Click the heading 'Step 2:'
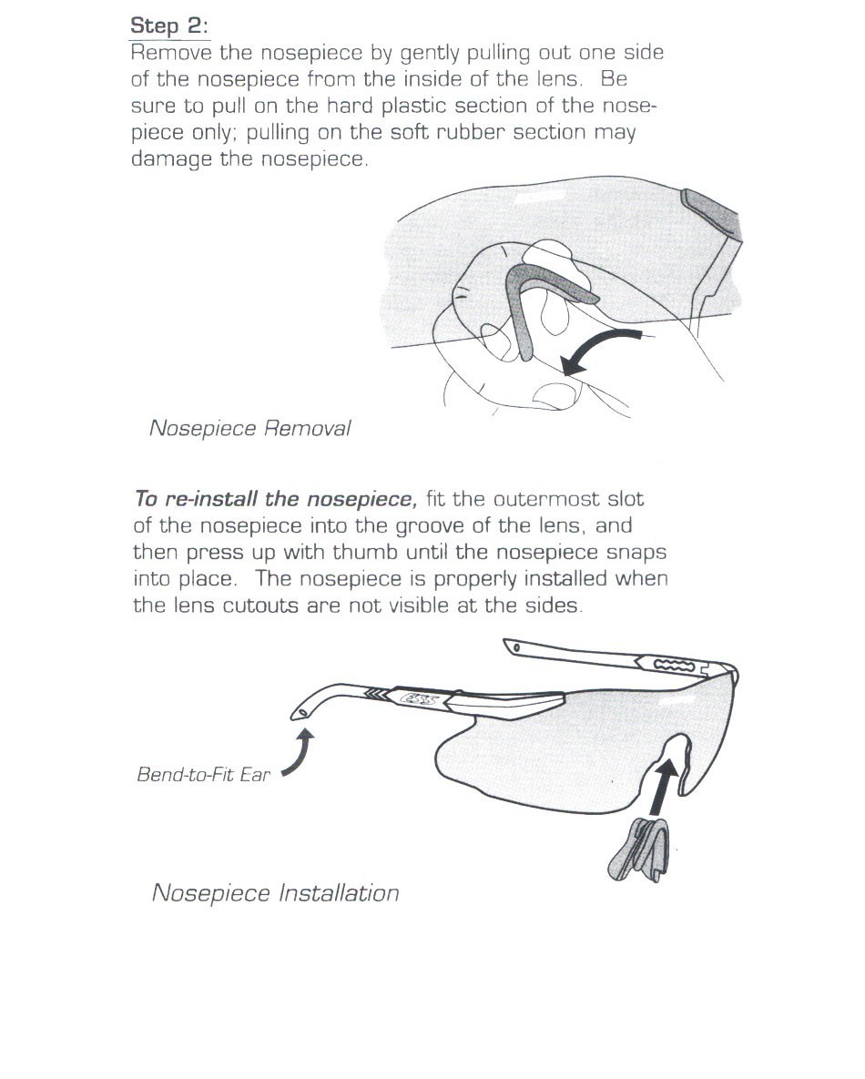pyautogui.click(x=169, y=25)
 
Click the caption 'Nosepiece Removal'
pyautogui.click(x=249, y=428)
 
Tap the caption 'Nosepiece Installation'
pyautogui.click(x=275, y=892)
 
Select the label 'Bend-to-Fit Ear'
pyautogui.click(x=203, y=776)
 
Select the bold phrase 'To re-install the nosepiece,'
pyautogui.click(x=275, y=499)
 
